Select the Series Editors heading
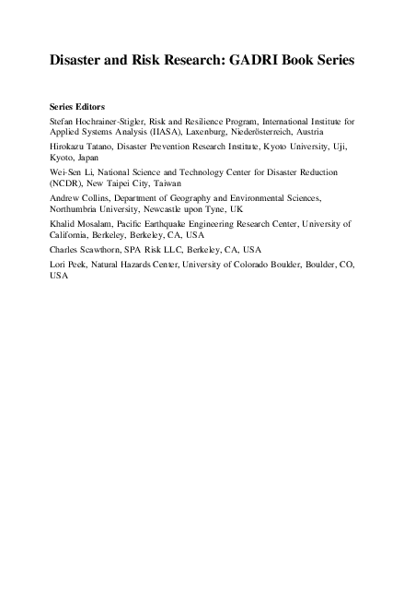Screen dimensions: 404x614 pyautogui.click(x=79, y=107)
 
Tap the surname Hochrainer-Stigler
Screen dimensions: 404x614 pyautogui.click(x=108, y=121)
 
